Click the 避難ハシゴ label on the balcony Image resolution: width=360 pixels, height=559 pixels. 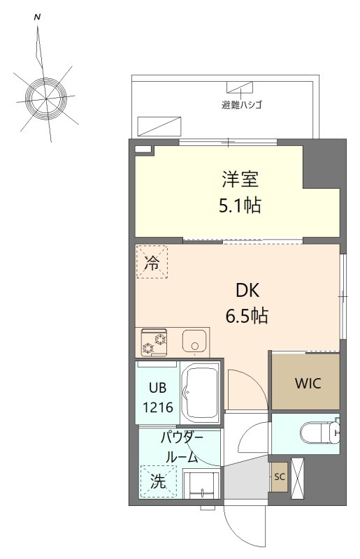tap(242, 106)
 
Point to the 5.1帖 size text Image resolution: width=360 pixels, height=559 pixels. tap(240, 206)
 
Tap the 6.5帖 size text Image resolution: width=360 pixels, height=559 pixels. tap(246, 316)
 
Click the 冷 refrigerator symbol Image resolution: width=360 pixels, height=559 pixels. tap(152, 263)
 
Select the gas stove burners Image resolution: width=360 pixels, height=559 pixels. tap(155, 342)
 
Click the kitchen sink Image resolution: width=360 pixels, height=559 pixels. tap(193, 342)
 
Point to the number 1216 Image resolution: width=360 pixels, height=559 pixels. tap(157, 405)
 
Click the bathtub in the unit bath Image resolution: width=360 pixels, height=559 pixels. tap(200, 393)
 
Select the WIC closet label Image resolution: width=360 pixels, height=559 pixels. tap(305, 384)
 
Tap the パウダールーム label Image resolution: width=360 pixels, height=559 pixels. tap(180, 448)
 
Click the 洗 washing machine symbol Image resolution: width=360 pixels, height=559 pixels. tap(158, 482)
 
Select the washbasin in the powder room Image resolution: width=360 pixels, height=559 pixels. tap(201, 482)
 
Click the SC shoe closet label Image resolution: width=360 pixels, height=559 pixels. tap(280, 477)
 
